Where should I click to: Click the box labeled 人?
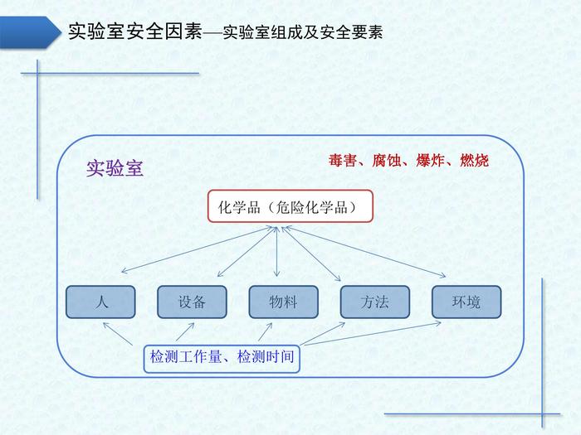click(x=100, y=302)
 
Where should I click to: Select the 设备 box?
click(x=192, y=302)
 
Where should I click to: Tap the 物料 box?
click(x=284, y=302)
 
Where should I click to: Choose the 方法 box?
click(x=375, y=302)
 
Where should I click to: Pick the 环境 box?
click(x=466, y=302)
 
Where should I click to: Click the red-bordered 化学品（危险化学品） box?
click(x=290, y=206)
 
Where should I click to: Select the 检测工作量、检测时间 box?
click(x=222, y=358)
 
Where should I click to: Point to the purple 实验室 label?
click(x=115, y=169)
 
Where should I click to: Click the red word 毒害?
click(x=343, y=161)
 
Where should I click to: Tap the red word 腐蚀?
click(x=387, y=161)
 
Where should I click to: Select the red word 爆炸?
click(x=430, y=161)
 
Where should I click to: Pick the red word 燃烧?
click(x=474, y=161)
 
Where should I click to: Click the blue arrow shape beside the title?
click(x=31, y=32)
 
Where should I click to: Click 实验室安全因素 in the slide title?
click(x=135, y=31)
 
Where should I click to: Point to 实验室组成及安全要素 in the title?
click(x=303, y=32)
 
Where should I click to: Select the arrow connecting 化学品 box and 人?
click(x=198, y=250)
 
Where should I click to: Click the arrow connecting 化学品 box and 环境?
click(x=366, y=252)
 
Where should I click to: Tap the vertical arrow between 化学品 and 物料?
click(x=276, y=252)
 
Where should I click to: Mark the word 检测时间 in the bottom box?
click(x=266, y=357)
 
